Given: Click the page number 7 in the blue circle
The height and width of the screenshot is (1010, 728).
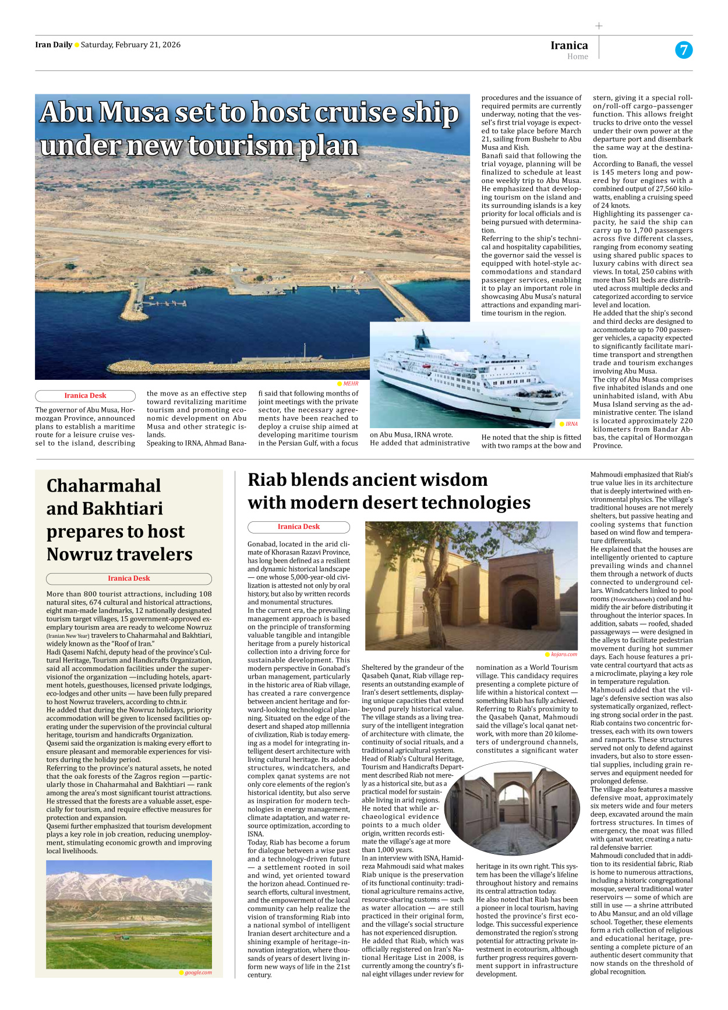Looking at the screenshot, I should [x=684, y=50].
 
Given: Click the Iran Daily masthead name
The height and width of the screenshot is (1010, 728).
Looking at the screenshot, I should [x=54, y=45].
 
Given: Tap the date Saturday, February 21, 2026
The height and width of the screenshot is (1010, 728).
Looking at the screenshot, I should [x=130, y=45].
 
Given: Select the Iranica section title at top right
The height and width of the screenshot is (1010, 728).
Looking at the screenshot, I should [x=569, y=45].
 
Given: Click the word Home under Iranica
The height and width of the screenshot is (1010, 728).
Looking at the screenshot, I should [x=577, y=56].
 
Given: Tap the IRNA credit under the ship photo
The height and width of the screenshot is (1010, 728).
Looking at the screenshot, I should [x=571, y=424].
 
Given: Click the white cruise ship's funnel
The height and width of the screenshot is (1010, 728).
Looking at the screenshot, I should [x=424, y=340].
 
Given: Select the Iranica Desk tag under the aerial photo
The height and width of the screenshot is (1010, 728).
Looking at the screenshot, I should [x=85, y=395].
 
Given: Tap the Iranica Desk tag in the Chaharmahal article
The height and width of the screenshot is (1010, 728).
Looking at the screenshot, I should [x=129, y=578].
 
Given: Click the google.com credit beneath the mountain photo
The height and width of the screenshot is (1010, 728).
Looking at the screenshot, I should [x=198, y=972].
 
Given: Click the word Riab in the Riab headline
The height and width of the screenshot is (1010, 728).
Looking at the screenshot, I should [x=267, y=480].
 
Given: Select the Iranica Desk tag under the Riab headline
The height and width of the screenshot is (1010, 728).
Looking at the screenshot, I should [x=298, y=527].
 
